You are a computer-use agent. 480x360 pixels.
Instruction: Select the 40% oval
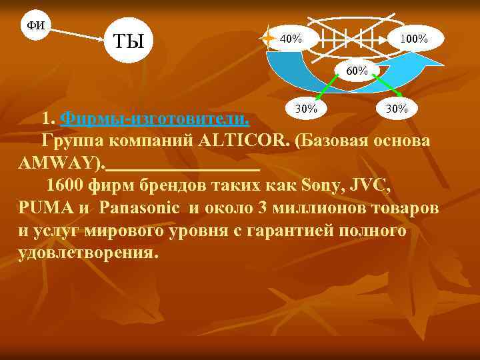pos(291,39)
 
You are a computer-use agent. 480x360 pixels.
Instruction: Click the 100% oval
pos(413,39)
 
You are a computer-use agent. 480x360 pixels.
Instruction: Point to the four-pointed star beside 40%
pos(267,39)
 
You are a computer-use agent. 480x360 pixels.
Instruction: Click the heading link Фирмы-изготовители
pos(155,119)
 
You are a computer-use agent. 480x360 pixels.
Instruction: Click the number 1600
pos(65,185)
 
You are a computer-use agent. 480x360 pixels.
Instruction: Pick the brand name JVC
pos(365,185)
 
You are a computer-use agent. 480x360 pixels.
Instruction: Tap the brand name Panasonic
pos(141,208)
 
